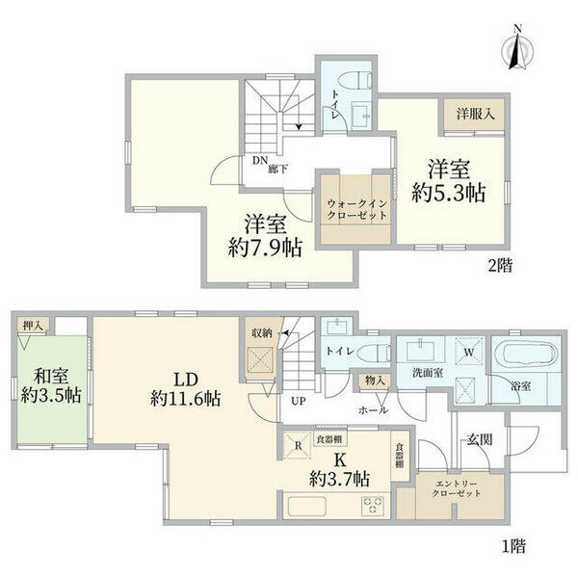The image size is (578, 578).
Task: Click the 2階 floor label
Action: pyautogui.click(x=498, y=266)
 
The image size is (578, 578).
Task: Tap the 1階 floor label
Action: pyautogui.click(x=512, y=546)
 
